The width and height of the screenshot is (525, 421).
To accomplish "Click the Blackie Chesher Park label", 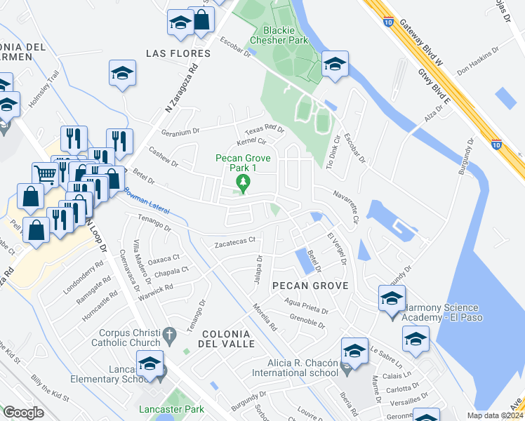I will coord(285,35).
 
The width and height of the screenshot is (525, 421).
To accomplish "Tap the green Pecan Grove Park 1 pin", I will coord(243,185).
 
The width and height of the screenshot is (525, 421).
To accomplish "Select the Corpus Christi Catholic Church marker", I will coord(169,338).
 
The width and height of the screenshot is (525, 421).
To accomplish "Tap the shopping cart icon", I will coord(45,174).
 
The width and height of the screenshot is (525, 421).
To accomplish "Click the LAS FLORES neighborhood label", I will coord(178,53).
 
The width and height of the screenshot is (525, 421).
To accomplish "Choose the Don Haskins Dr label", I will coord(477,61).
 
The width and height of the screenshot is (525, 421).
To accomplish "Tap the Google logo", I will coord(23,413).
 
